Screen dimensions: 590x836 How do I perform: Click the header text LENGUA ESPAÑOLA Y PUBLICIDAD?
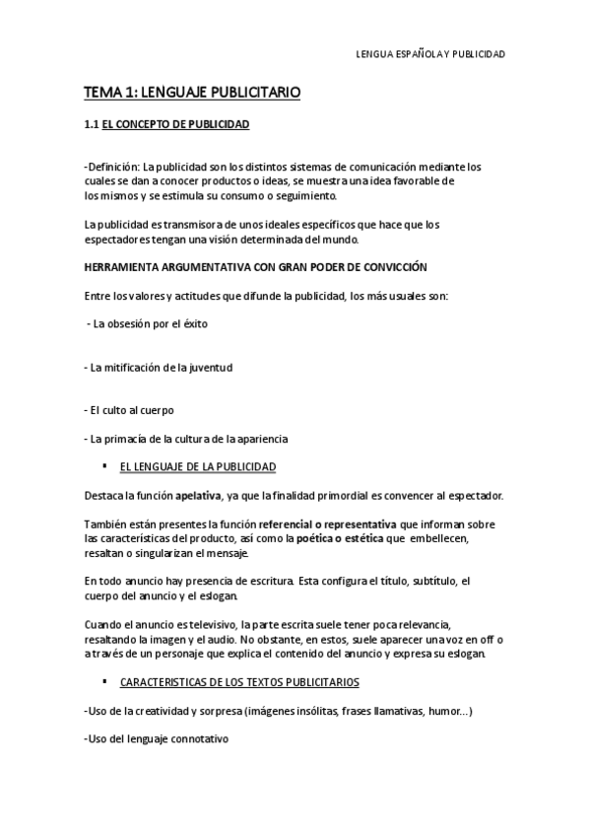(x=429, y=54)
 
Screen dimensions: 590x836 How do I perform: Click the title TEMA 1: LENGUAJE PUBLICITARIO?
(x=192, y=93)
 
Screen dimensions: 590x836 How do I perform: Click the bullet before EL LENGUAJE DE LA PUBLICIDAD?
(x=104, y=465)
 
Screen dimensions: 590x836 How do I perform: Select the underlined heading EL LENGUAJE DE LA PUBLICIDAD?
(x=197, y=465)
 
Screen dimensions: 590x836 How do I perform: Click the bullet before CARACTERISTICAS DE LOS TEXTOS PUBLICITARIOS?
(x=104, y=681)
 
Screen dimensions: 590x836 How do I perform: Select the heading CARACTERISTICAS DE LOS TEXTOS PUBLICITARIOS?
(x=239, y=681)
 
